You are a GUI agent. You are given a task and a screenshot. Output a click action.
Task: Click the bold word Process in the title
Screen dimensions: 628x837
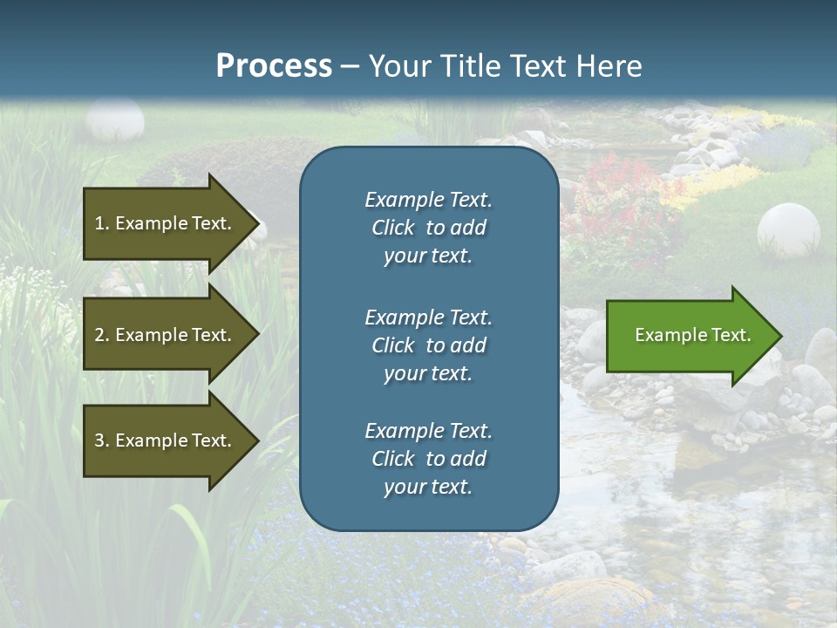(x=274, y=66)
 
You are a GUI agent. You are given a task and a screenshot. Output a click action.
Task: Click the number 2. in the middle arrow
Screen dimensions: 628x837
(x=101, y=335)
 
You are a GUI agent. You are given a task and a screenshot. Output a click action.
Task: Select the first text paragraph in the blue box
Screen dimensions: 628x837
(x=428, y=228)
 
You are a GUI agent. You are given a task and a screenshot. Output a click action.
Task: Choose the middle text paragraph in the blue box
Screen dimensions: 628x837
(x=428, y=345)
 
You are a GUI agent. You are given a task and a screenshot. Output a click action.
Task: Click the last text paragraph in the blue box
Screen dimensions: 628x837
(x=428, y=459)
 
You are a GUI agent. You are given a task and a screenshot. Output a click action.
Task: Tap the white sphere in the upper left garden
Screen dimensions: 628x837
(x=115, y=119)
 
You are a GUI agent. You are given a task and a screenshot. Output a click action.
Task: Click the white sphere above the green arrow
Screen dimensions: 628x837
(x=788, y=229)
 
